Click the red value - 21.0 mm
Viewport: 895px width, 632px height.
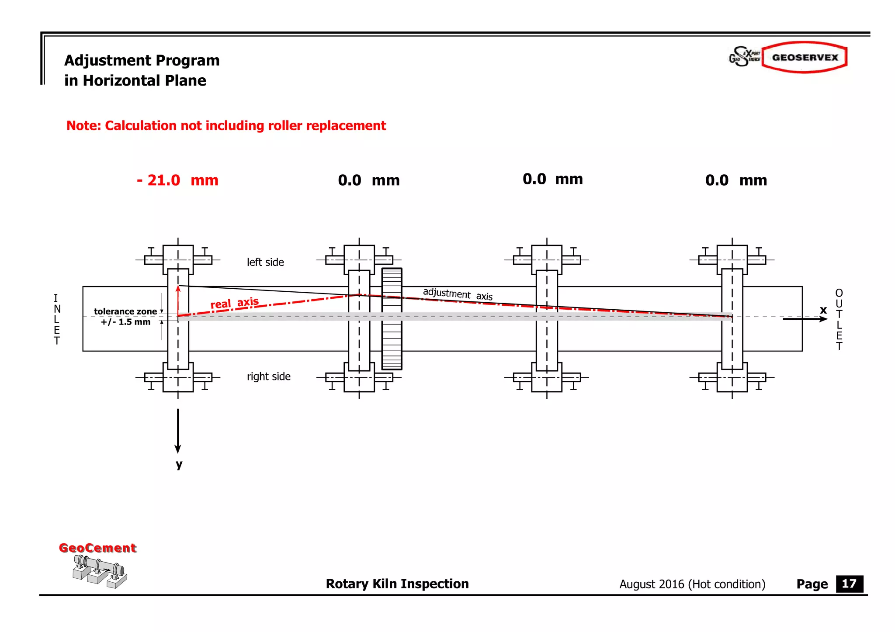pos(177,180)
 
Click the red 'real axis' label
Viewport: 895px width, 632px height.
pos(234,303)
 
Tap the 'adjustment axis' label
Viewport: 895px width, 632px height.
pos(457,294)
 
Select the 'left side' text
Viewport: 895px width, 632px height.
pos(265,262)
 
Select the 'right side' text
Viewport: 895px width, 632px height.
pos(268,376)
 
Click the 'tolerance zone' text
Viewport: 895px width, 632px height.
pos(125,311)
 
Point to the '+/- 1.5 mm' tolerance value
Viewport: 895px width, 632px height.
pos(125,322)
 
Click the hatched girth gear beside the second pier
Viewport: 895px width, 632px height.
pos(392,319)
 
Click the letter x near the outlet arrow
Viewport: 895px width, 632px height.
pos(823,310)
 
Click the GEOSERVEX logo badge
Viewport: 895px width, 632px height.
pos(805,57)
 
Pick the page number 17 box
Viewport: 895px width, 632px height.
pos(849,584)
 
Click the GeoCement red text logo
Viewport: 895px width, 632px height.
pos(97,548)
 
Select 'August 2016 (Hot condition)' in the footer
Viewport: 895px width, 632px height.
pos(692,584)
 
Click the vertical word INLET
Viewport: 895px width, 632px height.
pos(56,319)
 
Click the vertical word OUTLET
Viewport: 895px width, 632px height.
pos(839,319)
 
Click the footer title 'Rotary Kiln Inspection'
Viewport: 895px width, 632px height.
pos(397,584)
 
